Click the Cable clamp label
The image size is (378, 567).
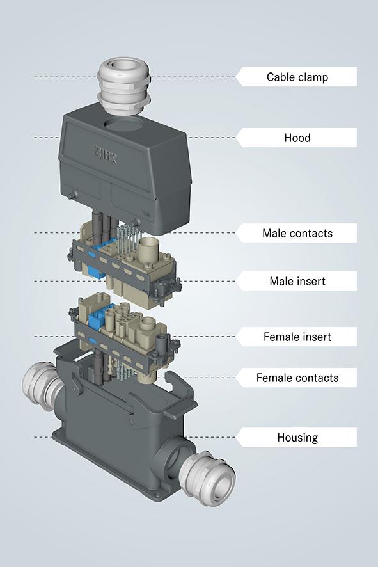coord(297,77)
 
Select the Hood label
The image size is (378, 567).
coord(297,138)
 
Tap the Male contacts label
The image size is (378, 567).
coord(297,233)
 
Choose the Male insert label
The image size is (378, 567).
coord(297,281)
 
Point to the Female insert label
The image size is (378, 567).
coord(297,337)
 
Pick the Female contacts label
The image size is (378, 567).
coord(297,378)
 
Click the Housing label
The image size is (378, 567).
coord(297,438)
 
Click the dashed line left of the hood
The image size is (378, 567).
coord(45,138)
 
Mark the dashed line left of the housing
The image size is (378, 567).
coord(42,438)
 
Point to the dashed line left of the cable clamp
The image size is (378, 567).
coord(64,77)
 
